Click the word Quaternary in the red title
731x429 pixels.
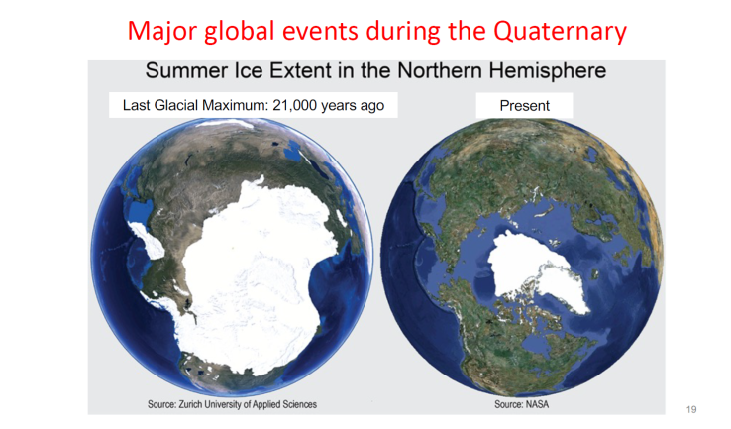[x=560, y=32]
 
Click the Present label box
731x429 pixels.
[x=524, y=105]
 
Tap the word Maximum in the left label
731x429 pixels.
[x=235, y=105]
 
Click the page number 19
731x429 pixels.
[x=691, y=409]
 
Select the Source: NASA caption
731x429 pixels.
[x=522, y=404]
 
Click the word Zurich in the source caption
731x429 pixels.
[x=190, y=404]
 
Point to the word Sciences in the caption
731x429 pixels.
[x=298, y=404]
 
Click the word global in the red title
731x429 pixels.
[x=240, y=32]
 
